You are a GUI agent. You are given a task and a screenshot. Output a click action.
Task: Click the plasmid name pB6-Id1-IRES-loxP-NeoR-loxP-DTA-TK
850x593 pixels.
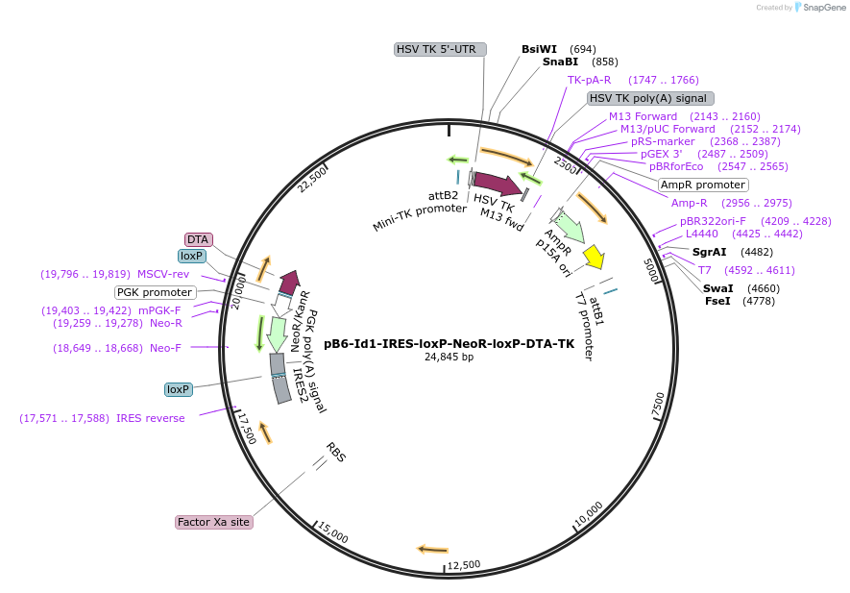[x=449, y=343]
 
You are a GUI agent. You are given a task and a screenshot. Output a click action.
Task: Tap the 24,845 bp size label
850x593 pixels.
[x=449, y=357]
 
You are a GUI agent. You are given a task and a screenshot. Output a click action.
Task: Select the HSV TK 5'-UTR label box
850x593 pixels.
[x=441, y=49]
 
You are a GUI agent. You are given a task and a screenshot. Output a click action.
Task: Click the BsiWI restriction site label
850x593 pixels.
[x=539, y=48]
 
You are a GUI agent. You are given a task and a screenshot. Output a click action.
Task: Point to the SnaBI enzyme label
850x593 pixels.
[x=560, y=62]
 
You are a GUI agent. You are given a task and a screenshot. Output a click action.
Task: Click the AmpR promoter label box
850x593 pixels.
[x=703, y=185]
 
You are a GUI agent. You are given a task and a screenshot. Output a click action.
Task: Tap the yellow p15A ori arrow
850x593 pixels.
[x=595, y=257]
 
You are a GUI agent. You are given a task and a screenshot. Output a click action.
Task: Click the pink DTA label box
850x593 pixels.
[x=198, y=239]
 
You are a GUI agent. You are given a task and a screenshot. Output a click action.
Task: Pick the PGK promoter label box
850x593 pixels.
[x=155, y=292]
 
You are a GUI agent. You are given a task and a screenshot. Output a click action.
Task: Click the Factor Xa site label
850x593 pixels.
[x=213, y=522]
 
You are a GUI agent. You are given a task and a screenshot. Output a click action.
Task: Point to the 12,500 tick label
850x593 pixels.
[x=464, y=565]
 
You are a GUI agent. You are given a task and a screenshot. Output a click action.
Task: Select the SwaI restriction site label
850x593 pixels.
[x=717, y=288]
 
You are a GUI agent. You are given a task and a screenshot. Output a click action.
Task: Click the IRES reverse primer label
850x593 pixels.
[x=150, y=418]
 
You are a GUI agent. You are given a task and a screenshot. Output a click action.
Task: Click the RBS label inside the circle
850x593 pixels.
[x=335, y=453]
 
